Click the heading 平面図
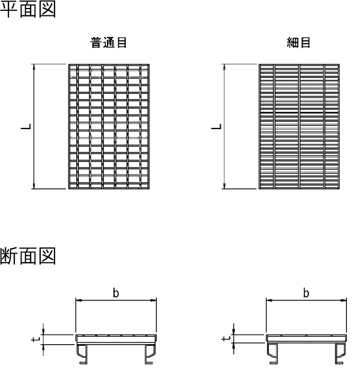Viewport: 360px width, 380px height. tap(28, 9)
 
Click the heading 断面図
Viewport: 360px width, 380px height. tap(28, 256)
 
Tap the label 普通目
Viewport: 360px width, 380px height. tap(108, 43)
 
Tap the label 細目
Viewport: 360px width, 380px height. tap(299, 43)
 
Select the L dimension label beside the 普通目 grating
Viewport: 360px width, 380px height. tap(26, 126)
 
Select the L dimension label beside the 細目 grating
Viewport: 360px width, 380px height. tap(216, 126)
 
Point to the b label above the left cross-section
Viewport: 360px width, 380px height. tap(116, 293)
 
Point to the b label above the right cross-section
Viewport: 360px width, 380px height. tap(306, 293)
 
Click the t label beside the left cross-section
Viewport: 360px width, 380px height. tap(35, 339)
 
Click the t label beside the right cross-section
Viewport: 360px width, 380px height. tap(226, 338)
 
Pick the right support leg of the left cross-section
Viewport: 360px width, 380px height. tap(150, 354)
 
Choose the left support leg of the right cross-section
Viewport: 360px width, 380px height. tap(273, 353)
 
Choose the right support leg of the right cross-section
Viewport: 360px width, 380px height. tap(340, 353)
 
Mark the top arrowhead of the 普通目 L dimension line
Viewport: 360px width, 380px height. tap(34, 67)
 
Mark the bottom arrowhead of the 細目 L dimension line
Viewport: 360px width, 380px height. tap(225, 185)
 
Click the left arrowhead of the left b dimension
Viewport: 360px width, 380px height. tap(78, 300)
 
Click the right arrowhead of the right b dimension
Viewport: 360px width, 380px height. tap(344, 300)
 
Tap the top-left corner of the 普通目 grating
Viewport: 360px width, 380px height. tap(69, 64)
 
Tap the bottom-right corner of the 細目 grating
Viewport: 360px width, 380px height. tap(339, 188)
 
